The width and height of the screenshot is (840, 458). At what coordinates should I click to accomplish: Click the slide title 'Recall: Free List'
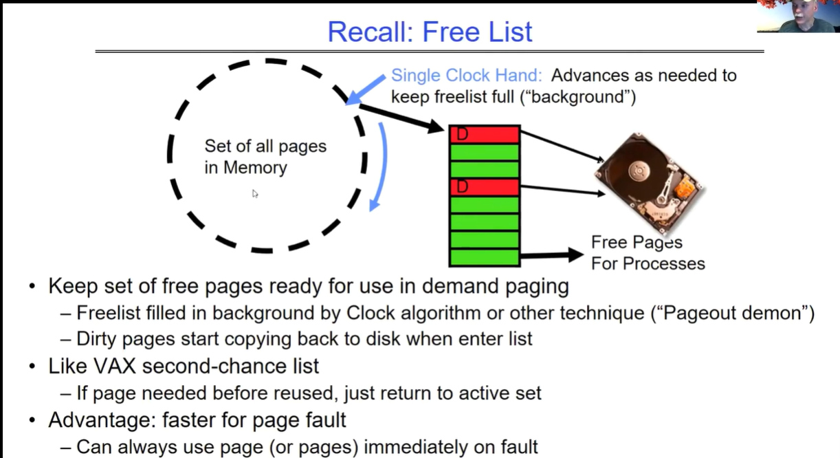click(430, 32)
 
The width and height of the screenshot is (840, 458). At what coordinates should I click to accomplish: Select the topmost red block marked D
click(485, 134)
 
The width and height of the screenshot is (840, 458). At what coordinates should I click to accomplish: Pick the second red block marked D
click(485, 186)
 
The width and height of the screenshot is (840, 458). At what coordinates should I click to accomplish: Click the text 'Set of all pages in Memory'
click(265, 157)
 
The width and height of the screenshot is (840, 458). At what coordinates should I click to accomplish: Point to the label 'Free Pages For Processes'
click(648, 253)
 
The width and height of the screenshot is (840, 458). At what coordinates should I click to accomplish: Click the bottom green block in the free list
click(485, 257)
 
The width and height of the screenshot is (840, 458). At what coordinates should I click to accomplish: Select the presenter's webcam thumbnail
click(798, 17)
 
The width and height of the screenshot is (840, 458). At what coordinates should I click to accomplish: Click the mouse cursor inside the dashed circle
click(255, 194)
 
